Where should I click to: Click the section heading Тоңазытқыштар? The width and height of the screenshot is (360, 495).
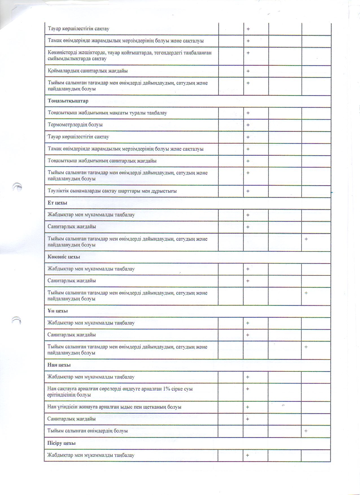point(68,101)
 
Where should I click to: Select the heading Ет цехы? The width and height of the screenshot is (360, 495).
point(57,203)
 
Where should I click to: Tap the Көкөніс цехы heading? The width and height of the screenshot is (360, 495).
point(64,257)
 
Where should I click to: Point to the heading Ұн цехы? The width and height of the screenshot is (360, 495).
point(58,311)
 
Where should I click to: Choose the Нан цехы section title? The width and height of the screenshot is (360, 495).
point(59,365)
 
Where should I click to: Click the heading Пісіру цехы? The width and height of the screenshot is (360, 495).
point(61,443)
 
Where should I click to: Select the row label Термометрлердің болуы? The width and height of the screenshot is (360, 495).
point(75,125)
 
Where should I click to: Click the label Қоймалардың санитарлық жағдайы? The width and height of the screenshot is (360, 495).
point(88,71)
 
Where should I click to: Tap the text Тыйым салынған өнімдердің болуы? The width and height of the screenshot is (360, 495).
point(88,431)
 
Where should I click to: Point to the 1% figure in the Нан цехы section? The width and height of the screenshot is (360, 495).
point(166,389)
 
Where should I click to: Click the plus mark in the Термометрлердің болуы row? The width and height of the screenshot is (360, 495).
point(248,125)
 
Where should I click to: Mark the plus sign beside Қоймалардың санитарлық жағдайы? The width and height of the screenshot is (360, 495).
point(248,71)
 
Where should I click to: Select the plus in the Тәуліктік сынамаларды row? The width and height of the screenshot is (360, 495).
point(248,191)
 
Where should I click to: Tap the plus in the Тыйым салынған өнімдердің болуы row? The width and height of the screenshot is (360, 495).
point(306,431)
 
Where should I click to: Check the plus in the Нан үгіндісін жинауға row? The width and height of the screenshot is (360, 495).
point(248,407)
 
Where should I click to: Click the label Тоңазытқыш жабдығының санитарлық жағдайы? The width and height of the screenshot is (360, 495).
point(102,161)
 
